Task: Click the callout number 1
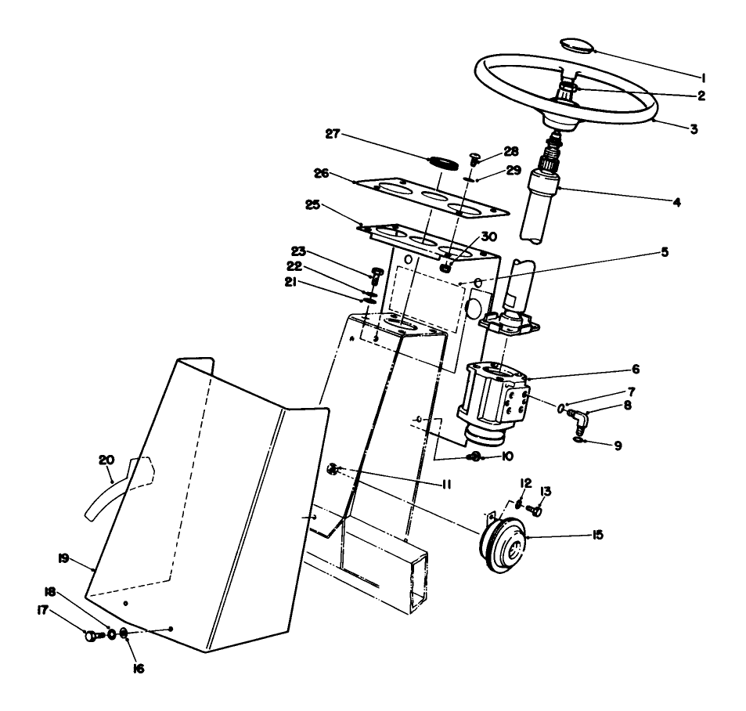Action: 704,78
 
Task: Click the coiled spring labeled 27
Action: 443,162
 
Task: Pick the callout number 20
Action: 106,460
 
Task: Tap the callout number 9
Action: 618,446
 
